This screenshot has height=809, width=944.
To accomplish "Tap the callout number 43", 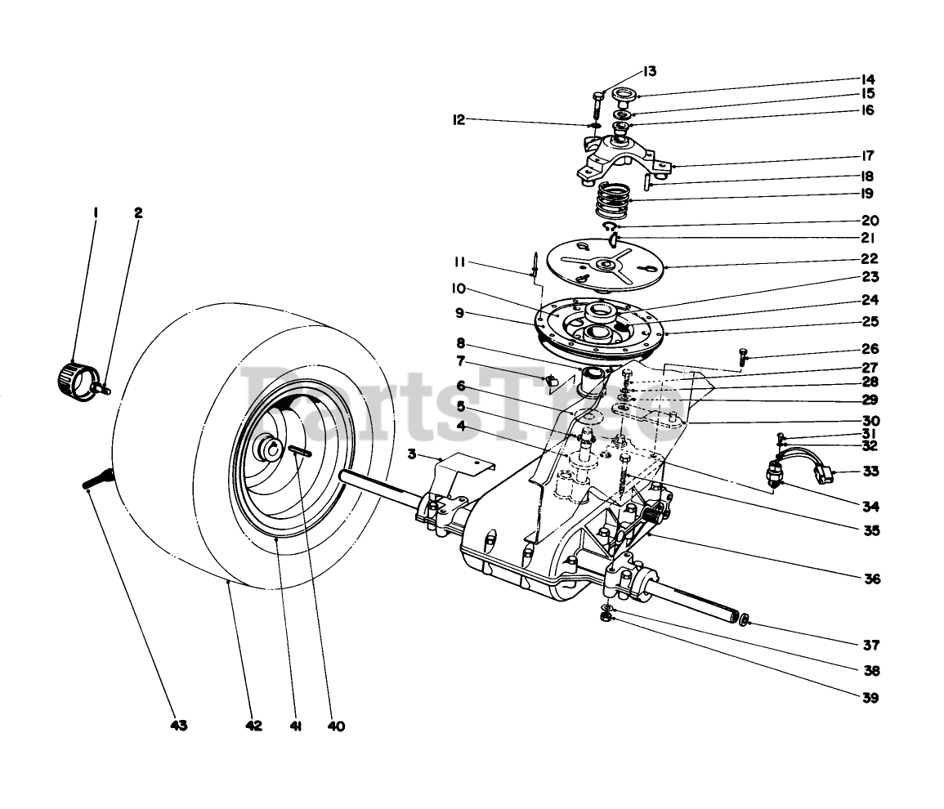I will [179, 726].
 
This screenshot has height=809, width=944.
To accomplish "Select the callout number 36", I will [871, 579].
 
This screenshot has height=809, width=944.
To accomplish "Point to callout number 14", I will [866, 79].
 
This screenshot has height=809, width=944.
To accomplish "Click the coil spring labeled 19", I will [614, 199].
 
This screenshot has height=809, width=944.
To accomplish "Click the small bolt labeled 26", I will [742, 355].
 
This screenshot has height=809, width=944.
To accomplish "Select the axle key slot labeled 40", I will [298, 450].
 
